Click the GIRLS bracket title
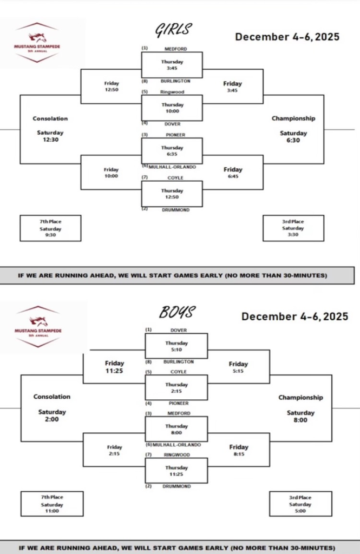174,29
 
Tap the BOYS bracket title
177,312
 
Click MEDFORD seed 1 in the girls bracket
175,49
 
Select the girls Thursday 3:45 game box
172,65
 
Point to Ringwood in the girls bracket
172,91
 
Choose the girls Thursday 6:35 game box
172,150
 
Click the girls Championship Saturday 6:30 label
293,129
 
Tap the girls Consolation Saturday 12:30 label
50,129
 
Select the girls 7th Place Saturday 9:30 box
50,228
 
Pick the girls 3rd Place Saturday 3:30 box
293,228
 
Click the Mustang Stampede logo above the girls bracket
37,43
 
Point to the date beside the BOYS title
294,316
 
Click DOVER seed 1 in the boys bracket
178,329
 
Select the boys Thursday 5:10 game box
176,346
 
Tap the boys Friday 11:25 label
114,367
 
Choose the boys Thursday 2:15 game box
176,387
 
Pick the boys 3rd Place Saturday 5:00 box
300,504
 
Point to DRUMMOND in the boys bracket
176,486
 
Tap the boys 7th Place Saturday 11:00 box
52,504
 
